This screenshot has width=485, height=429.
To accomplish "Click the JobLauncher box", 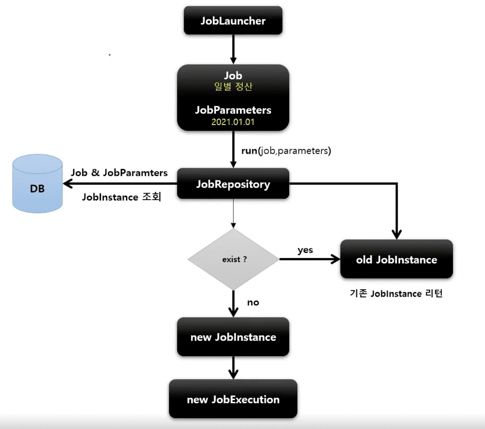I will coord(233,21).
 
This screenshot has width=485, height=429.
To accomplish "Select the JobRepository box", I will coord(233,184).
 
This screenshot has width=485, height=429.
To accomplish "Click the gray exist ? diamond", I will coord(234,259).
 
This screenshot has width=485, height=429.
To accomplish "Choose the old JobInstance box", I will coord(396,259).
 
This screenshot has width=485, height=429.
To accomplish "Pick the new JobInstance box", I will coord(233,337).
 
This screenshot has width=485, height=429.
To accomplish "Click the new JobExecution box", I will coord(233,399).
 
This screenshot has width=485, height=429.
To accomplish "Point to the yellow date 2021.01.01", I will coord(233,122).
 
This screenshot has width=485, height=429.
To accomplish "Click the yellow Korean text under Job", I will coord(233,87).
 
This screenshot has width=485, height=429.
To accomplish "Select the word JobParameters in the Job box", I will coord(233,110).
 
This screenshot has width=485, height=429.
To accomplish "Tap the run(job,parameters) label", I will coord(286,151).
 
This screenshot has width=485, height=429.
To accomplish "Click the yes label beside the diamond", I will coord(305,250).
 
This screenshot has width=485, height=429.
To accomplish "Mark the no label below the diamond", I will coord(253,302).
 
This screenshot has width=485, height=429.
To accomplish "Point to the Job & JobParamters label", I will coord(119,173).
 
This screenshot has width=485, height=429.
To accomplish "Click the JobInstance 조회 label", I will coord(121,197).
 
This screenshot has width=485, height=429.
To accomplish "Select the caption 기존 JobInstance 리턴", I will coord(396,293).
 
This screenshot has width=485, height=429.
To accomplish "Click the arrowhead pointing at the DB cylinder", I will coord(67,184).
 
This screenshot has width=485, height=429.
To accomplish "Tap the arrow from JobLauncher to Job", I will coord(233,49).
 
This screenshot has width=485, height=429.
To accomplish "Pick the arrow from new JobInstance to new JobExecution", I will coord(233,368).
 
